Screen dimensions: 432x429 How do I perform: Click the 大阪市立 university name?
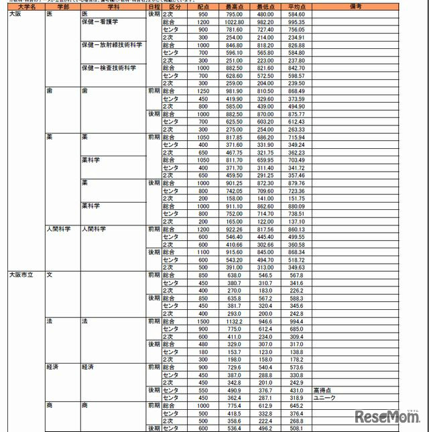(21, 274)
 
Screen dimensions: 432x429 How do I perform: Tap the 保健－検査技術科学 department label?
(107, 68)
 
